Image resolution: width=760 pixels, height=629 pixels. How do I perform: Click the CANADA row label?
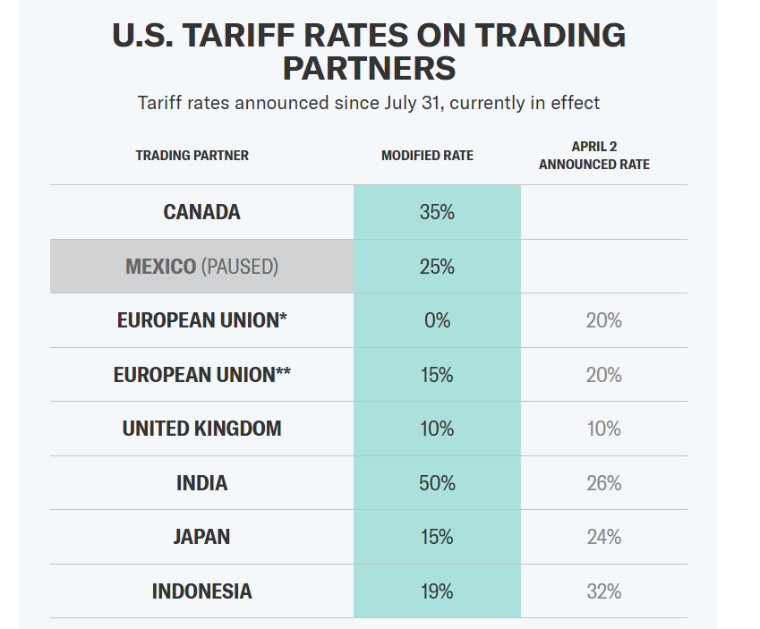(201, 212)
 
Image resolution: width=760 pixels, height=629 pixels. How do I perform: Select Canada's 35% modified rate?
(437, 212)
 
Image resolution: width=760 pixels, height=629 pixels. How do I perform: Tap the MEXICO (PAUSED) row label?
(201, 267)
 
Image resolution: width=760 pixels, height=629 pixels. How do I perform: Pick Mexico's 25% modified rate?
(437, 267)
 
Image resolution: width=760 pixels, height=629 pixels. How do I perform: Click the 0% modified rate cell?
(437, 320)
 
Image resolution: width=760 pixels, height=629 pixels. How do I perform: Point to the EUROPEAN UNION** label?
(201, 375)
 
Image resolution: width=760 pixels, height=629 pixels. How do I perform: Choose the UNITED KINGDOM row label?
(201, 429)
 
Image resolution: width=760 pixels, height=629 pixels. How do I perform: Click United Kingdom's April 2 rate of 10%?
(603, 429)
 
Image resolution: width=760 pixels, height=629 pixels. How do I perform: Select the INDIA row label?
(201, 483)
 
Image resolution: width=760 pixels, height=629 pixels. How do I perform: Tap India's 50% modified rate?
(437, 483)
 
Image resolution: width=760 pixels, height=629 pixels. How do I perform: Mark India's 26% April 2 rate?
(603, 483)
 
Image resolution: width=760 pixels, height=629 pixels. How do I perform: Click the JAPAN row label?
(201, 537)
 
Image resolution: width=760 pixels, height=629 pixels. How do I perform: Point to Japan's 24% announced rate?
(603, 537)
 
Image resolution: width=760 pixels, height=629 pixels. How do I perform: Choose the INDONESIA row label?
(201, 591)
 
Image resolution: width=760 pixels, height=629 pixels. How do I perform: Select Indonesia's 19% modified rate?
(437, 591)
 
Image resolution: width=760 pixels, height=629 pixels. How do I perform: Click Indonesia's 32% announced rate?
(603, 591)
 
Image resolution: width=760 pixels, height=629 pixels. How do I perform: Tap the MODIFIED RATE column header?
(427, 156)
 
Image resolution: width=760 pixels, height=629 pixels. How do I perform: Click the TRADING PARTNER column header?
(192, 156)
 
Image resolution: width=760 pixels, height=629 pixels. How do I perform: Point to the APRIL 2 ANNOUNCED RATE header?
(594, 156)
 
